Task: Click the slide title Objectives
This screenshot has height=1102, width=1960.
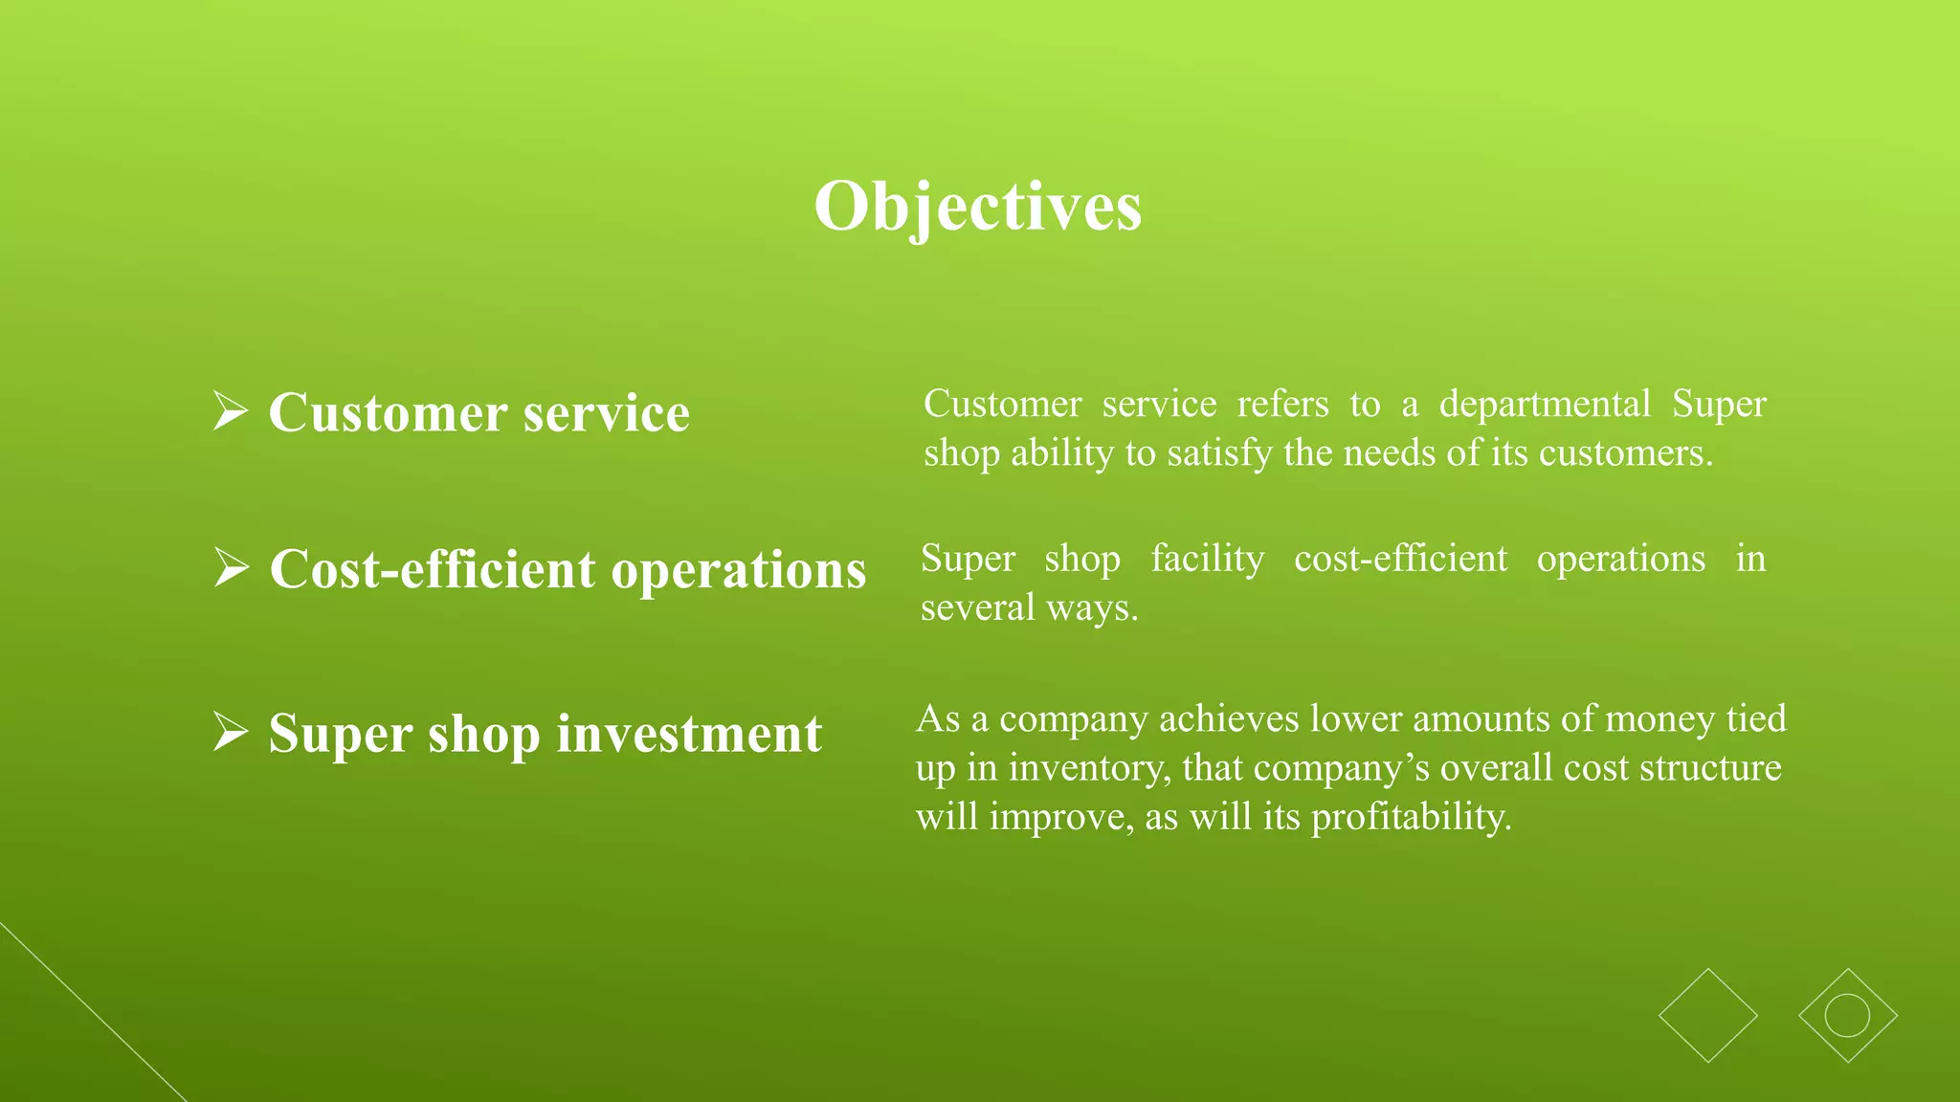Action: (977, 206)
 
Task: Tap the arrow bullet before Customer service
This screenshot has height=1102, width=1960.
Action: (230, 411)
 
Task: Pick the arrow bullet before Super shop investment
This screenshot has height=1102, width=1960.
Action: (230, 733)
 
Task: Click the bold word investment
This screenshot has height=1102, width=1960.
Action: (689, 735)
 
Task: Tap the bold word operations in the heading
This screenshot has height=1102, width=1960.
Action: (739, 571)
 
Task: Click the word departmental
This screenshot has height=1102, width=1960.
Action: (1545, 404)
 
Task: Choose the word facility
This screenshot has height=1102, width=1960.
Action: (1207, 559)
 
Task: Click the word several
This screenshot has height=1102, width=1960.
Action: (977, 607)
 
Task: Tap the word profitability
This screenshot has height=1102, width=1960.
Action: (1411, 817)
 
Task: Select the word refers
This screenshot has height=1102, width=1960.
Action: (1282, 404)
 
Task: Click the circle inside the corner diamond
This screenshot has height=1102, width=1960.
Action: (1847, 1016)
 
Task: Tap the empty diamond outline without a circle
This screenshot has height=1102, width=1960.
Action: (1708, 1016)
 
